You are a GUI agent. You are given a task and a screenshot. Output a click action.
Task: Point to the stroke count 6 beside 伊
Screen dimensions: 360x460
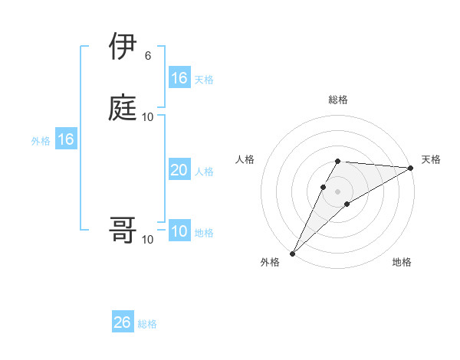pos(147,55)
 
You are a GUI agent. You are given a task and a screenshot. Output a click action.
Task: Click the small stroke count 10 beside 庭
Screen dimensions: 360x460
pos(148,116)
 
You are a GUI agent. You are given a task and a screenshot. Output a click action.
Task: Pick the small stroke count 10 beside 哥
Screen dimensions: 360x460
pos(148,240)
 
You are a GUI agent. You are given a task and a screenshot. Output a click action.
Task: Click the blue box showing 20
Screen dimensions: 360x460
pos(179,170)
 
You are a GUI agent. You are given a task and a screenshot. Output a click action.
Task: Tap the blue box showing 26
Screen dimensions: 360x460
pos(122,322)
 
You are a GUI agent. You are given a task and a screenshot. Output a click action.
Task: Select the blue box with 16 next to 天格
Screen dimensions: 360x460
pos(179,77)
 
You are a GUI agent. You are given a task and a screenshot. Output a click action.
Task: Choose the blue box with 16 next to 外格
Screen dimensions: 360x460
pos(65,139)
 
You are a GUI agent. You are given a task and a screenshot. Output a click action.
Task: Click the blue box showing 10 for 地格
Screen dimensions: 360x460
pos(179,232)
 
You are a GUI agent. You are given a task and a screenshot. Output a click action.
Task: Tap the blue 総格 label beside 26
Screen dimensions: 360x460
pos(147,324)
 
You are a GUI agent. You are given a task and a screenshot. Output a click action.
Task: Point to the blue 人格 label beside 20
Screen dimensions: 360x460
pos(204,172)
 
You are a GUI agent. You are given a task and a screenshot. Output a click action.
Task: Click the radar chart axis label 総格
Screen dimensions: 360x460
pos(337,100)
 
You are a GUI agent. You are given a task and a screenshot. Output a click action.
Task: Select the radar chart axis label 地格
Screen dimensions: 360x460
pos(402,262)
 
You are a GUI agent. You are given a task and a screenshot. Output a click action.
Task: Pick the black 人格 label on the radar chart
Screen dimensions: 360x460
pos(245,159)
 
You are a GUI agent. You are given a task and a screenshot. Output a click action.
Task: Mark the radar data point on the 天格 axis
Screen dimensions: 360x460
pos(411,168)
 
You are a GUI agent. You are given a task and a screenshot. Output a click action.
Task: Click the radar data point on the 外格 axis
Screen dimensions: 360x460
pos(292,253)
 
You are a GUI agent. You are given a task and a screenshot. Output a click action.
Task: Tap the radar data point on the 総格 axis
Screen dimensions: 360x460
pos(337,161)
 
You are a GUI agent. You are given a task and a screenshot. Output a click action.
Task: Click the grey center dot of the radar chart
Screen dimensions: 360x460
pos(337,191)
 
